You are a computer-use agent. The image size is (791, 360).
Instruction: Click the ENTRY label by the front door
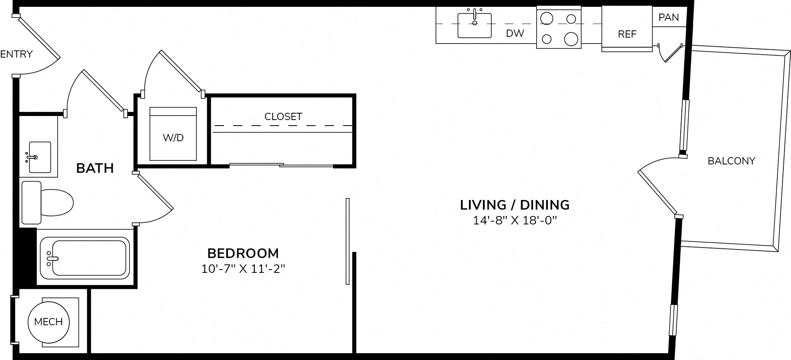click(x=16, y=54)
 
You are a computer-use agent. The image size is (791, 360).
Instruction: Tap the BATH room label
click(x=95, y=168)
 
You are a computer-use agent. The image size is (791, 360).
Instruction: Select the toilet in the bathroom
click(x=47, y=202)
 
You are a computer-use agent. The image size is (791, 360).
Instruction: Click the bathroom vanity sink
click(x=40, y=157)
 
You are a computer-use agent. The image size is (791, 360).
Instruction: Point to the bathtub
click(x=85, y=258)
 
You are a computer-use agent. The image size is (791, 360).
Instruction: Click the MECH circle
click(x=48, y=322)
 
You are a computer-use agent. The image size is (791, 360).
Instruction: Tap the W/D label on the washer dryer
click(x=173, y=138)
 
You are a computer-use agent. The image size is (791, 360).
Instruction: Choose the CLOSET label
click(x=283, y=116)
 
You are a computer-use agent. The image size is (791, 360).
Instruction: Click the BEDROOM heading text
click(x=243, y=253)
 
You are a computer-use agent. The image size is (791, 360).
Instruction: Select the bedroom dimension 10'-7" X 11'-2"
click(x=243, y=269)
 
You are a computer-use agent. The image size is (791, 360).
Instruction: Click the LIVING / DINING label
click(x=515, y=205)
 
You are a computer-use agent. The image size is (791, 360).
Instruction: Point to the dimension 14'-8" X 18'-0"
click(x=515, y=220)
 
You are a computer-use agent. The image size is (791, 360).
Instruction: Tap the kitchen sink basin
click(x=475, y=26)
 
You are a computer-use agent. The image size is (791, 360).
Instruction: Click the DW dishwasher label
click(x=515, y=33)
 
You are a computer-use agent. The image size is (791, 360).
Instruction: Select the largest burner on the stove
click(x=571, y=39)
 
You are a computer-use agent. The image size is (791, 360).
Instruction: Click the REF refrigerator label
click(x=627, y=34)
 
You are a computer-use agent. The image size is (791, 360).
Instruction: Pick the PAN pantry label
click(x=669, y=18)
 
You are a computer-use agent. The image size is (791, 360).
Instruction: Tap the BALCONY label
click(x=731, y=161)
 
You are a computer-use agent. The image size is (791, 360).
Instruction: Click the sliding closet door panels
click(x=282, y=165)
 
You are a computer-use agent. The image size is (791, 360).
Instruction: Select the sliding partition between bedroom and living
click(x=348, y=241)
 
